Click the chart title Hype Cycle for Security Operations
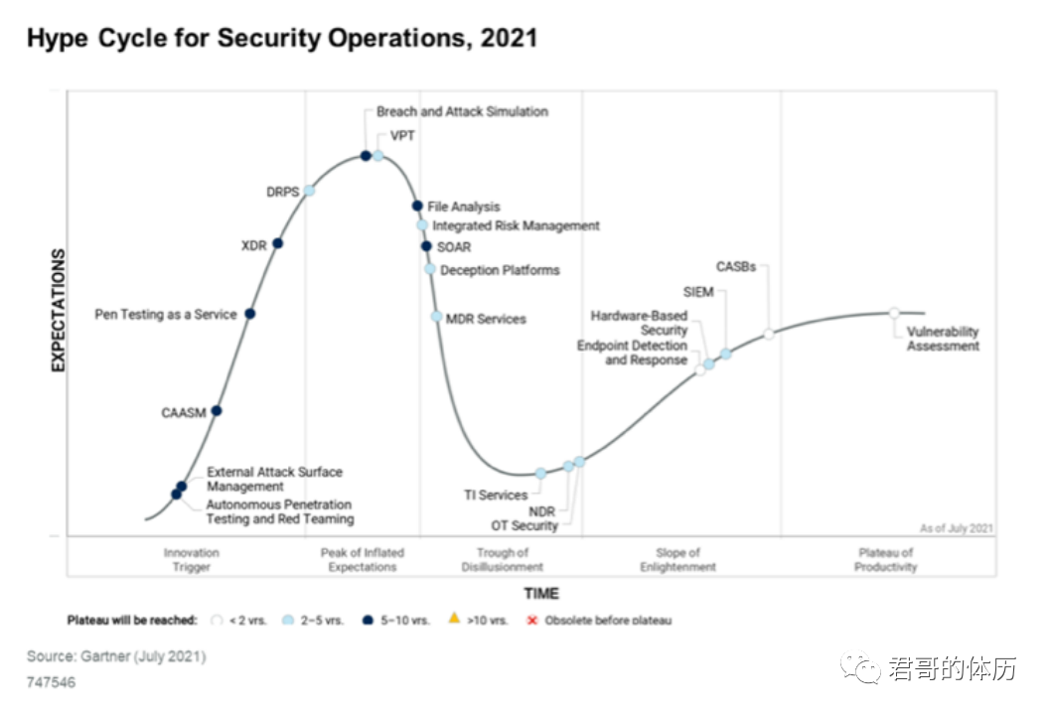(x=281, y=39)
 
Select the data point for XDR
(x=278, y=243)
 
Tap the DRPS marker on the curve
(x=309, y=191)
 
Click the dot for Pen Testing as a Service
(x=250, y=314)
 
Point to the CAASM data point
(x=217, y=411)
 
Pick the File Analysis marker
(x=417, y=207)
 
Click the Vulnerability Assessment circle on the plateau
(x=894, y=313)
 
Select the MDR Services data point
(x=436, y=317)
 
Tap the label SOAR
(x=454, y=247)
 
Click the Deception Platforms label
(x=500, y=270)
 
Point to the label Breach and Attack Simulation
(x=462, y=112)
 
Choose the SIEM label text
(x=698, y=292)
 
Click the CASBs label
(x=736, y=267)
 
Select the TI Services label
(x=496, y=495)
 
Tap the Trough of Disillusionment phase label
(x=502, y=560)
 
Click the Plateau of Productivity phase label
(x=884, y=560)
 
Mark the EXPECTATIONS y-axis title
(x=58, y=311)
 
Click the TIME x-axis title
(x=541, y=594)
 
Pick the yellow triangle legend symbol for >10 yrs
(x=454, y=620)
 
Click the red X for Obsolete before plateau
(x=531, y=620)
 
